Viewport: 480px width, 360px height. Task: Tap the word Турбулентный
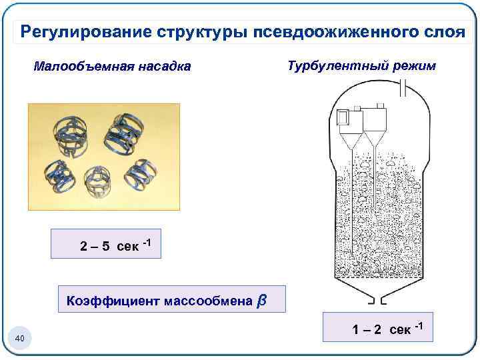point(333,66)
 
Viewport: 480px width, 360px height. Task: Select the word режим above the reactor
point(412,66)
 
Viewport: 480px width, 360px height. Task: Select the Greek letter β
point(262,301)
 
